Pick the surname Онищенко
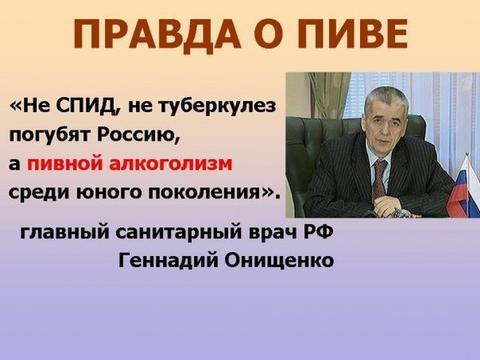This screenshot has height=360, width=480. [x=281, y=262]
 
